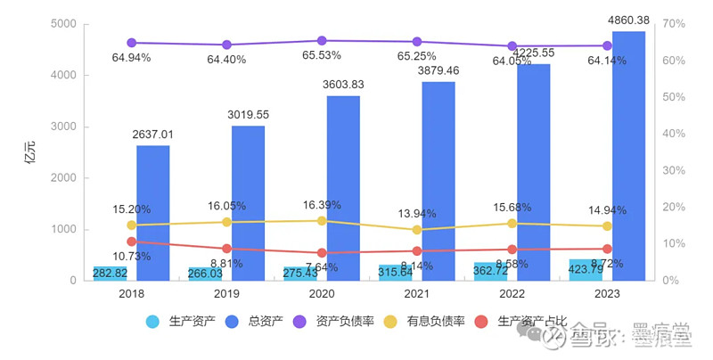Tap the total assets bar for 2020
pos(343,188)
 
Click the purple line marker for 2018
pos(131,43)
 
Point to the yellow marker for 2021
pos(417,230)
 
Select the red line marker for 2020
pos(322,253)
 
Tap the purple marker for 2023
pos(607,46)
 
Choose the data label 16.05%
pos(226,205)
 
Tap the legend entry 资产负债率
pos(340,320)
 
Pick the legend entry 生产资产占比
pos(528,320)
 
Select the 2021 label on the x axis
pos(417,293)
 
